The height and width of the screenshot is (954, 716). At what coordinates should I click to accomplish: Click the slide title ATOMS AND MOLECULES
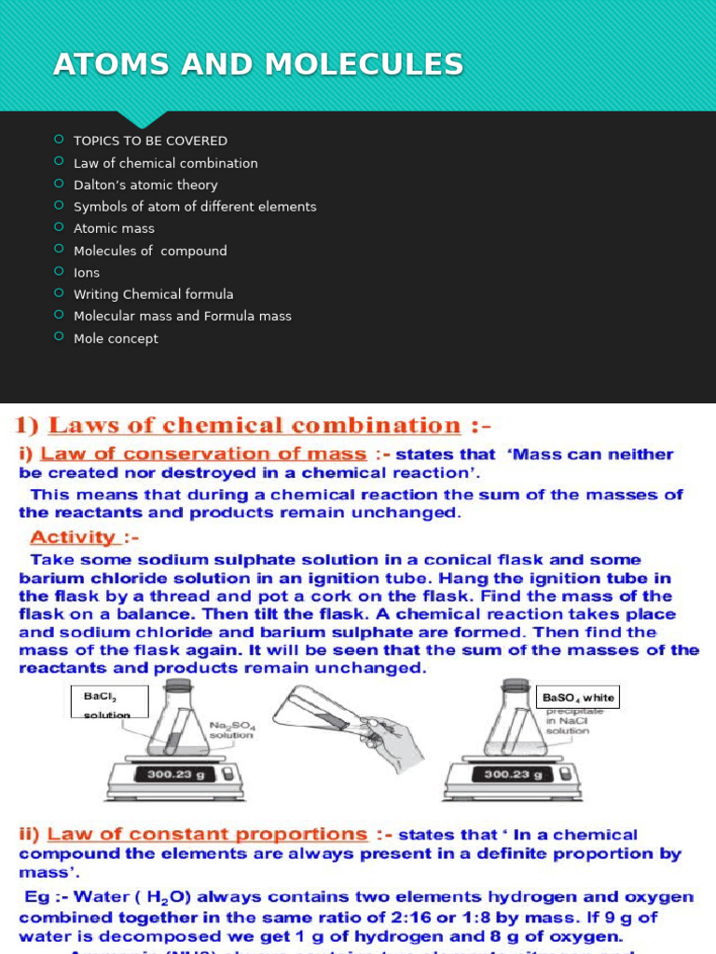pyautogui.click(x=258, y=64)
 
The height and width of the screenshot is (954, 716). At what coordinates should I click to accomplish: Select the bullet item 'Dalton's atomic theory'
pyautogui.click(x=145, y=184)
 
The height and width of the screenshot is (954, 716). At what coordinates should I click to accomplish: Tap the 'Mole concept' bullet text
pyautogui.click(x=116, y=338)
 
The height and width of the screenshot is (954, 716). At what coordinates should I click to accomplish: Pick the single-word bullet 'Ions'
pyautogui.click(x=87, y=272)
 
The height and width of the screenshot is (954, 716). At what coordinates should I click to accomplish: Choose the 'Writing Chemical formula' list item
pyautogui.click(x=154, y=294)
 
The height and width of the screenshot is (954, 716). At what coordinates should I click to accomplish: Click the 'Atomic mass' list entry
pyautogui.click(x=114, y=228)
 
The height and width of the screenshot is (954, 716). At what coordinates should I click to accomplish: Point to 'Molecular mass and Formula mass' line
pyautogui.click(x=183, y=316)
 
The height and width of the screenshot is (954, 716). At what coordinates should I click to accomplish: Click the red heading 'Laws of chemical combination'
pyautogui.click(x=254, y=426)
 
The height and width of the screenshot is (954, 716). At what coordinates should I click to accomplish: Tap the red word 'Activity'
pyautogui.click(x=73, y=538)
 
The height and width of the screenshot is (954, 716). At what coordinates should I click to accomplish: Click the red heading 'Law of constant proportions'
pyautogui.click(x=207, y=835)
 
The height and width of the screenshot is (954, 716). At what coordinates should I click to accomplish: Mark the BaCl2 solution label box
pyautogui.click(x=109, y=702)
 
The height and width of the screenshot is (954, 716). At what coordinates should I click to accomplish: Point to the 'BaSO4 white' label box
pyautogui.click(x=578, y=698)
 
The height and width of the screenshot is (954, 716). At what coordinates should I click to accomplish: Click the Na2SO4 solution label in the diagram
pyautogui.click(x=231, y=729)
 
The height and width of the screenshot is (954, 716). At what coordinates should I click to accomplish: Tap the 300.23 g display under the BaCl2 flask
pyautogui.click(x=174, y=773)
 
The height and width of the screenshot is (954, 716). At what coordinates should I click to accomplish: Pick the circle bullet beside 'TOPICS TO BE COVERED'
pyautogui.click(x=59, y=140)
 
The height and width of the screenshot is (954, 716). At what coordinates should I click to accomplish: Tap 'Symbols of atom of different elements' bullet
pyautogui.click(x=195, y=207)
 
